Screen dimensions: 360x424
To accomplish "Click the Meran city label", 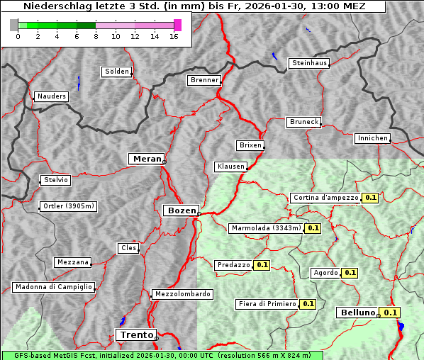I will (x=147, y=159).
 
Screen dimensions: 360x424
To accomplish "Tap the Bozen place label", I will (x=181, y=210).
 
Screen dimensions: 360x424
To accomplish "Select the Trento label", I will (x=135, y=334).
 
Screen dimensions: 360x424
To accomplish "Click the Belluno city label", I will (x=357, y=313).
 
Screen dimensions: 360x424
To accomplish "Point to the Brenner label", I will (x=204, y=80).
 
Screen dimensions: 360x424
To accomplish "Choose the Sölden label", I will (x=117, y=72).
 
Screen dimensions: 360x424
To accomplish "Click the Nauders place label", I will (x=52, y=96).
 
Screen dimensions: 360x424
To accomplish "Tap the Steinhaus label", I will (x=310, y=63).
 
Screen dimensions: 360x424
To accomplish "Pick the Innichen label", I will (x=372, y=138).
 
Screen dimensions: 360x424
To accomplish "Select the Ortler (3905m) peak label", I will (x=68, y=206).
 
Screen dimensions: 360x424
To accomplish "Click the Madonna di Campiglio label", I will (x=53, y=287).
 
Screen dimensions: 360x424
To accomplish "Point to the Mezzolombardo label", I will (x=182, y=293).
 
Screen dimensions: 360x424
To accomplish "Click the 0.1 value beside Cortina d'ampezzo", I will (x=370, y=198).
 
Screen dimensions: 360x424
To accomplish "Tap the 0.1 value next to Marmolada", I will (x=313, y=228).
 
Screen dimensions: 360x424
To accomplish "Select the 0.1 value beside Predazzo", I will (x=262, y=265).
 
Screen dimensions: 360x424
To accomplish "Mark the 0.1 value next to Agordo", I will (x=350, y=273).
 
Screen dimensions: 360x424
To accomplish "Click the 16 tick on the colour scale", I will (x=174, y=36).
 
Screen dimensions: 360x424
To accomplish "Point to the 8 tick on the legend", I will (x=95, y=36).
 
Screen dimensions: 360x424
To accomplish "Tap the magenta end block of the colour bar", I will (x=177, y=25).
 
